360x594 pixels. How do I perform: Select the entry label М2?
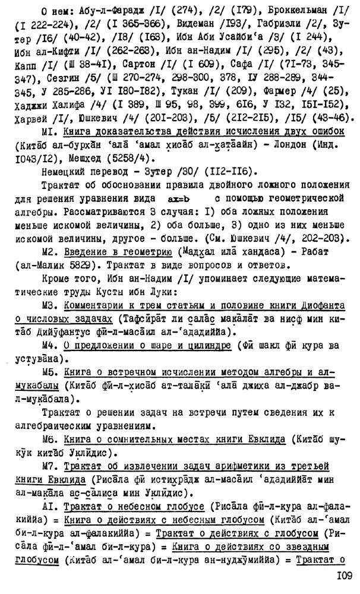click(x=50, y=251)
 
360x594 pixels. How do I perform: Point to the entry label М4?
click(x=50, y=346)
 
